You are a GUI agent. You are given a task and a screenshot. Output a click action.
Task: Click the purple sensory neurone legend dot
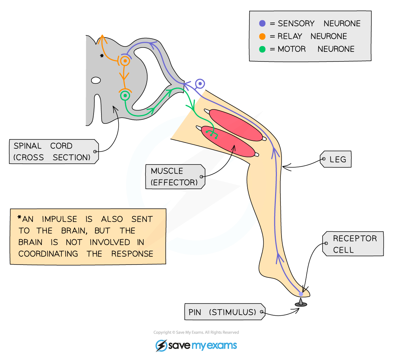tap(262, 24)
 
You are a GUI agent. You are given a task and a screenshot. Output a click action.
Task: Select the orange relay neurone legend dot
tap(262, 36)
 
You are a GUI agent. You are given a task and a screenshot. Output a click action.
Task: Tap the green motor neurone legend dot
tap(262, 49)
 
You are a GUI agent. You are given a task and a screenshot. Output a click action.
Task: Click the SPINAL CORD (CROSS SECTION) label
tap(52, 152)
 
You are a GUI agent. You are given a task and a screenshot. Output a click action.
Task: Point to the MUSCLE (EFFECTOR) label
tap(174, 177)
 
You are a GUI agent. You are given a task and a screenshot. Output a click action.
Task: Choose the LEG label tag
tap(337, 159)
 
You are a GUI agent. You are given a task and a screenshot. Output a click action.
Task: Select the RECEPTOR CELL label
tap(354, 244)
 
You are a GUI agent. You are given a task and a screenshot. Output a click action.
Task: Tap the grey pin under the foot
tap(301, 303)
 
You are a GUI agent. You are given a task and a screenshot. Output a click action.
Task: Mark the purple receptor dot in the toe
tap(301, 294)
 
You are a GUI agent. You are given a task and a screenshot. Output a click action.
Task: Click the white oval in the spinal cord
tap(96, 80)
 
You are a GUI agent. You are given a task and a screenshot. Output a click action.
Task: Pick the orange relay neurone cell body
tap(125, 61)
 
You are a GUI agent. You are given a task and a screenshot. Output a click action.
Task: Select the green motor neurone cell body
tap(125, 95)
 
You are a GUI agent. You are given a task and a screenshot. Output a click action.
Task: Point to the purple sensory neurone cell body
tap(200, 84)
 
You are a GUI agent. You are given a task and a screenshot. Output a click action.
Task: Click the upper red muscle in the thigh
tap(235, 125)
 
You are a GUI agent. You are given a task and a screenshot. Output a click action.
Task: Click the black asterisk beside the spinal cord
tap(102, 56)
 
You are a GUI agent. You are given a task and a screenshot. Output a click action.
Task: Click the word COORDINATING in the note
tap(48, 254)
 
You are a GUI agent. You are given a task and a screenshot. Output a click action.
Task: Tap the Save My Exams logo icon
tap(161, 345)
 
